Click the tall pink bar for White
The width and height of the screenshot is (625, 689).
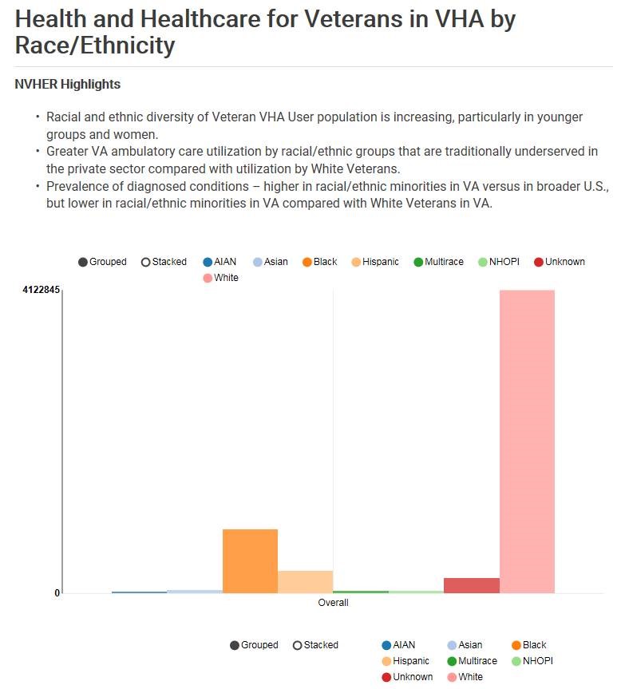click(527, 441)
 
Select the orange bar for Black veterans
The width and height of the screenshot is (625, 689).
click(250, 560)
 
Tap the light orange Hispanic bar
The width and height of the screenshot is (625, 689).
click(305, 581)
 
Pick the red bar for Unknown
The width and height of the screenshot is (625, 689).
click(471, 585)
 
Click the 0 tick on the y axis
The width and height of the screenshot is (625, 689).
click(57, 592)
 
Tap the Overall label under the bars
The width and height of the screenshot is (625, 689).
click(333, 603)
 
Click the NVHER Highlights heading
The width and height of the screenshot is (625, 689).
click(68, 84)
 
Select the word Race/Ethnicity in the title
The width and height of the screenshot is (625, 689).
click(94, 45)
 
